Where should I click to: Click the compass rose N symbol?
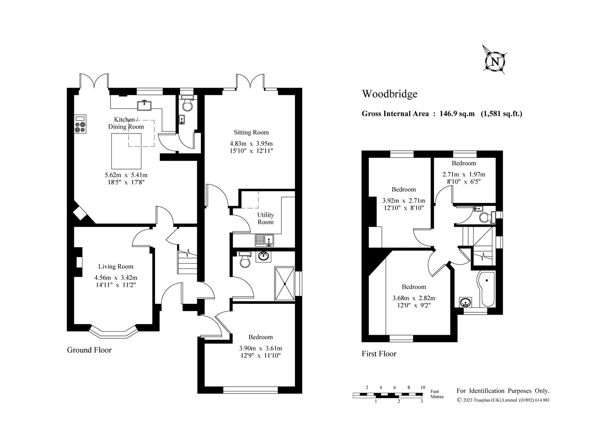495,62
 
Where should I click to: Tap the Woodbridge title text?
389,94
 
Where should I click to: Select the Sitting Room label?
251,133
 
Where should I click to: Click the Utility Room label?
265,219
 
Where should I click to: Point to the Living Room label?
116,266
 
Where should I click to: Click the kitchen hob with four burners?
80,124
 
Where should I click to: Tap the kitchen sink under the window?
145,105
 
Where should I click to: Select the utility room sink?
264,240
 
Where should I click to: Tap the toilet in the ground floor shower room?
245,259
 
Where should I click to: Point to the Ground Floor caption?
89,350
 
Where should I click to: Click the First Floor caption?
379,354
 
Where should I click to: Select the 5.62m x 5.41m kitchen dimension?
126,175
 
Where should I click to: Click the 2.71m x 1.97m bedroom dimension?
464,174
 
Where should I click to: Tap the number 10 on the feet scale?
423,387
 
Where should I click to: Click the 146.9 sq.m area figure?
457,114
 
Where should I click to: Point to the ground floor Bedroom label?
260,337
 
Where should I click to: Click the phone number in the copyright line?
534,400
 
